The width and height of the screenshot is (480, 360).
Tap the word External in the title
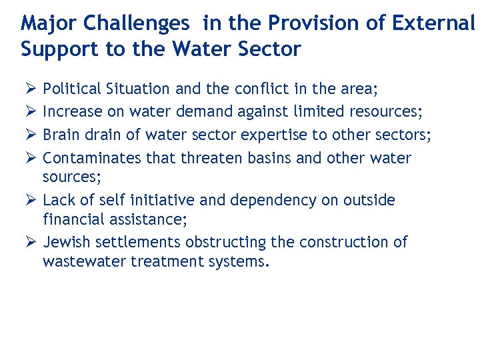point(434,24)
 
